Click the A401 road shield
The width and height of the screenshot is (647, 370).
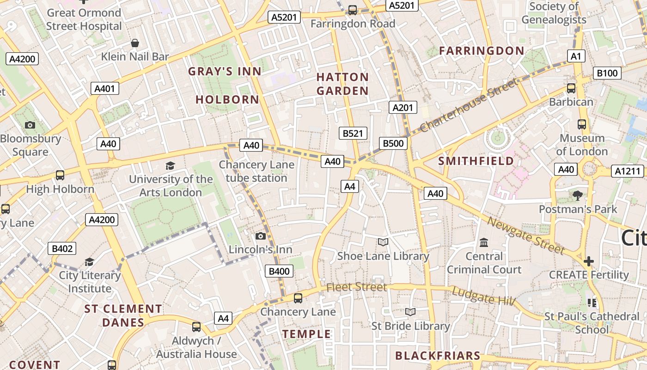(x=105, y=88)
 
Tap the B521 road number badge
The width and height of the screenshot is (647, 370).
(x=353, y=133)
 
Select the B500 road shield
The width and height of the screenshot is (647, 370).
(x=393, y=143)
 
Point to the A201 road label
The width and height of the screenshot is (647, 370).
(x=403, y=107)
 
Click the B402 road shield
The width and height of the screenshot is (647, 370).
(x=62, y=249)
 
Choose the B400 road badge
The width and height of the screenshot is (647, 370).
(x=279, y=271)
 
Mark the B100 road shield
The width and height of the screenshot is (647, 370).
(x=607, y=73)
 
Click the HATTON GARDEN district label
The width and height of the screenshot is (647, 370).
(x=342, y=84)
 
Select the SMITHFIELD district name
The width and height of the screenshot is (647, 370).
(x=476, y=161)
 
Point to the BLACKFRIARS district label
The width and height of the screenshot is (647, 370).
(x=438, y=356)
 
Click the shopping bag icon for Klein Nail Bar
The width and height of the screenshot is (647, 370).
(x=135, y=43)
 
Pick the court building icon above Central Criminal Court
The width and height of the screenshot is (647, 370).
(x=484, y=242)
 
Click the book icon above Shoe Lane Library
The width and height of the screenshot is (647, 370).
(x=383, y=242)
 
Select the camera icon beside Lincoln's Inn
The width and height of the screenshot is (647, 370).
(x=261, y=236)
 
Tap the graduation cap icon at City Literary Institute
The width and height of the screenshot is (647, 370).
(x=89, y=262)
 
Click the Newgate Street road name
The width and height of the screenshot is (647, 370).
(x=526, y=236)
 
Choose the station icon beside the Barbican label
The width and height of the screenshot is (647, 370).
(x=571, y=88)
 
